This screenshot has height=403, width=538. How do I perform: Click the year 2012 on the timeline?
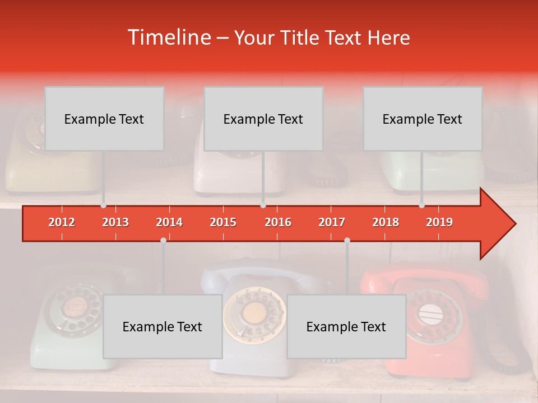(x=62, y=222)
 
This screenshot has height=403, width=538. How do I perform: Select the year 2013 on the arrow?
(x=115, y=222)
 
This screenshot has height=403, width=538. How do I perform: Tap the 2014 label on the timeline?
(x=169, y=222)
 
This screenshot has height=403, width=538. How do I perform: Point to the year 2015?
(x=223, y=222)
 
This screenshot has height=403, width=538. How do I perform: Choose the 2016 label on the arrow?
(x=278, y=222)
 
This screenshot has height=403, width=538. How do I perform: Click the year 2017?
(x=332, y=222)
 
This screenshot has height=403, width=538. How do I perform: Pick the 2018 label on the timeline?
(x=386, y=222)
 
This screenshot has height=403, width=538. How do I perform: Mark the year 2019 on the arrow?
(x=439, y=222)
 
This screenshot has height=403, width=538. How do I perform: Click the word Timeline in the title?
(x=168, y=38)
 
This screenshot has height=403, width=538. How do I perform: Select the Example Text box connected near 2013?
(x=104, y=119)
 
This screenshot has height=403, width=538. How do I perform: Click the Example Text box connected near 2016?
(x=263, y=119)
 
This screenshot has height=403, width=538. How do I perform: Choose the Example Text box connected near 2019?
(x=423, y=119)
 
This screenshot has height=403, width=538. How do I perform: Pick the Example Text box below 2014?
(x=163, y=326)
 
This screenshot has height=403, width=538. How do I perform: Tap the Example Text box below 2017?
(x=346, y=326)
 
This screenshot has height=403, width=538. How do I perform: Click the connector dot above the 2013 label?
(x=104, y=205)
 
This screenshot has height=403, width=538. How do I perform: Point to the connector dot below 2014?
(x=163, y=240)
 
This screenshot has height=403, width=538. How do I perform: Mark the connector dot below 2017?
(x=347, y=240)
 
